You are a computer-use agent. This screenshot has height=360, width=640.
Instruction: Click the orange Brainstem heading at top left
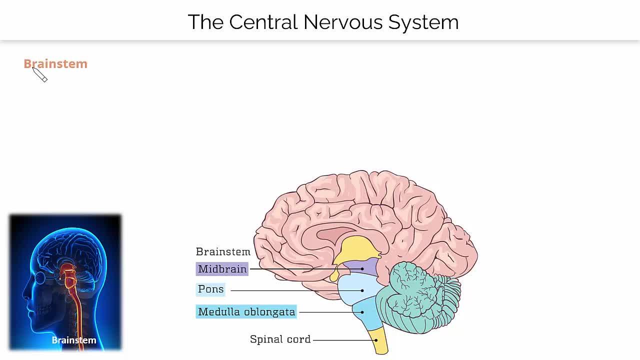pos(55,64)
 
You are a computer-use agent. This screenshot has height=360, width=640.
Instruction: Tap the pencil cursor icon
pos(40,75)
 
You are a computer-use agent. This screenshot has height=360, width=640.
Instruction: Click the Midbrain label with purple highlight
pos(222,269)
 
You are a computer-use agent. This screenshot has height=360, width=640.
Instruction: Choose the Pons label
pos(210,289)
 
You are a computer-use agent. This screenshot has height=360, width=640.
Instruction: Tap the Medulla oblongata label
pos(246,312)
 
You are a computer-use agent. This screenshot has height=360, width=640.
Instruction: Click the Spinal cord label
pos(280,339)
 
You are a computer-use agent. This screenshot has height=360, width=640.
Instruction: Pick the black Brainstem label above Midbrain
pos(223,251)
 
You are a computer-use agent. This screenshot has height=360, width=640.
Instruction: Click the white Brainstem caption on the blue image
pos(73,340)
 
